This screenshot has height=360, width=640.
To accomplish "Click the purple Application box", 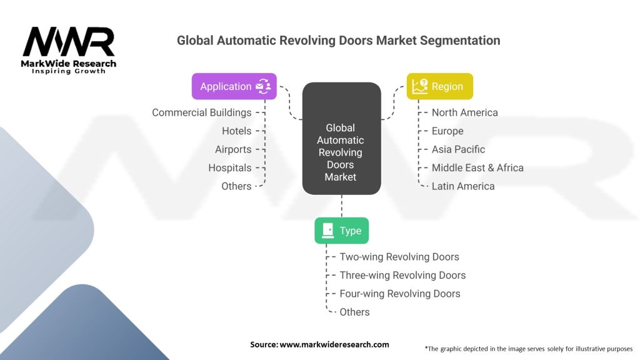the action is tap(234, 86).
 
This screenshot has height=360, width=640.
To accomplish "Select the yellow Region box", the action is tap(439, 86).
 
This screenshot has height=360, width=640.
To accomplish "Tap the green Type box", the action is tap(342, 231).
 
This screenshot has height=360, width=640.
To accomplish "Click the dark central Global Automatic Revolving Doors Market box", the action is tap(342, 138).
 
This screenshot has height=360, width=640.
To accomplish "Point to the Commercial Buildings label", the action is tap(202, 112).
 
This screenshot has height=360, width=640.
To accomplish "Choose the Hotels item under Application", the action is tap(237, 131).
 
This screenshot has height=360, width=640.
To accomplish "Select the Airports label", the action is tap(233, 149).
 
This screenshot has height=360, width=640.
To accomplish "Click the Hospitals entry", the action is tap(230, 167).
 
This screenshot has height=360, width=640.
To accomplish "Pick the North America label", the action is tap(465, 112).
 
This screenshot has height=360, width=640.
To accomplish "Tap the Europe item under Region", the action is tap(447, 131).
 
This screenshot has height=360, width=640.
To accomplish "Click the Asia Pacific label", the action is tap(458, 149).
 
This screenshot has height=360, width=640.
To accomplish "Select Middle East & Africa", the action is tap(477, 167).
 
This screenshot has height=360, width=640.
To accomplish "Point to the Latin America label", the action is tap(463, 186).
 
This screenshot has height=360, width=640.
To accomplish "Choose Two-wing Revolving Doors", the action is tap(399, 257).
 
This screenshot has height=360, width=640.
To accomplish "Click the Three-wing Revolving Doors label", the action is tap(402, 275).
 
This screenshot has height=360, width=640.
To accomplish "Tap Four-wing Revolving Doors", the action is tap(400, 294).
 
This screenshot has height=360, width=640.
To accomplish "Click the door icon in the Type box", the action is tap(327, 231).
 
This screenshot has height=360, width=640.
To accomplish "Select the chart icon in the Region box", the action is tap(420, 86).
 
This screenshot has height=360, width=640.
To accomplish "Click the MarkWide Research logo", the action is tap(69, 50).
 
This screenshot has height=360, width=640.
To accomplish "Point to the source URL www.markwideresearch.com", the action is tap(334, 344).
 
